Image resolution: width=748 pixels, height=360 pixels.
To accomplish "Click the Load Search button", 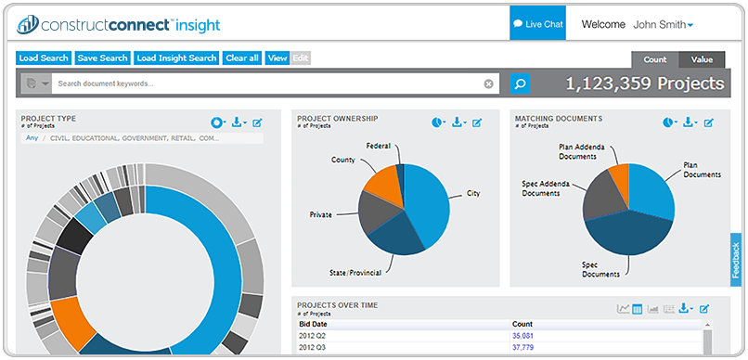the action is pyautogui.click(x=44, y=58).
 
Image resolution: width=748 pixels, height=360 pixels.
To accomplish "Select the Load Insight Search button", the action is pyautogui.click(x=176, y=58).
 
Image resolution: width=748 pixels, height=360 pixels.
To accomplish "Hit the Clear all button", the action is pyautogui.click(x=242, y=58).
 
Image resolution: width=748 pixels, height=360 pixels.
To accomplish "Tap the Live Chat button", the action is pyautogui.click(x=537, y=24).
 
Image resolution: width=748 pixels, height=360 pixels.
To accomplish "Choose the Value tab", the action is pyautogui.click(x=702, y=59).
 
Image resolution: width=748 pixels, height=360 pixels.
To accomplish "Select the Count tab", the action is pyautogui.click(x=655, y=59).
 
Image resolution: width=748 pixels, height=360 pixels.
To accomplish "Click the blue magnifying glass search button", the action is pyautogui.click(x=520, y=84).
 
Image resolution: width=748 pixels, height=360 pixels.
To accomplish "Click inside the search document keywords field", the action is pyautogui.click(x=267, y=84).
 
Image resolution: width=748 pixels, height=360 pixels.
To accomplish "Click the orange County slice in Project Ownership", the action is pyautogui.click(x=383, y=185).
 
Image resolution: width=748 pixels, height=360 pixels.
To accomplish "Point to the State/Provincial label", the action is pyautogui.click(x=355, y=273).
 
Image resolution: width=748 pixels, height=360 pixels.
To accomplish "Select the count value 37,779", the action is pyautogui.click(x=522, y=347).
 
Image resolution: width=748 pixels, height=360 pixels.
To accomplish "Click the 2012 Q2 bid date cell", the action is pyautogui.click(x=313, y=336).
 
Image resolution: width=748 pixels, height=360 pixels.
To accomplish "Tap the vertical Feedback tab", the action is pyautogui.click(x=736, y=260).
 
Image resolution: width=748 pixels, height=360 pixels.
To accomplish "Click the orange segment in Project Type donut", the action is pyautogui.click(x=70, y=317).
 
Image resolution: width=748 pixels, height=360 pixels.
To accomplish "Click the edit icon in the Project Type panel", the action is pyautogui.click(x=257, y=123).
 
